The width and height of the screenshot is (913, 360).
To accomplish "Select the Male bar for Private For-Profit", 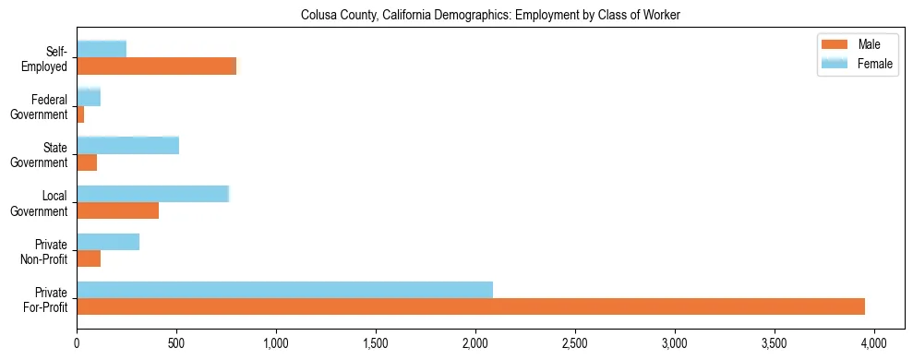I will pos(471,306).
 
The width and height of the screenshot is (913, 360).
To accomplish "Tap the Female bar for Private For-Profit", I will pos(284,290).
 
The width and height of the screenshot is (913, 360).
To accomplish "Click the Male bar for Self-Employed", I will pos(156,66).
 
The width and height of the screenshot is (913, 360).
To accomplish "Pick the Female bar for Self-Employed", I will pos(102,49).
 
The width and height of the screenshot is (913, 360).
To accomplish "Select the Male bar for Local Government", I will pos(117,210).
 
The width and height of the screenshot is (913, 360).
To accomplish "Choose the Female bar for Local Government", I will pos(152,194).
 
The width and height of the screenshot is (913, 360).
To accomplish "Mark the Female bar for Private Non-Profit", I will pos(108,242).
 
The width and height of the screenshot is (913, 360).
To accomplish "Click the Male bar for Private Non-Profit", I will pos(89,258).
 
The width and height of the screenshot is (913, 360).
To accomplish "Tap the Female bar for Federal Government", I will pos(89,97).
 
